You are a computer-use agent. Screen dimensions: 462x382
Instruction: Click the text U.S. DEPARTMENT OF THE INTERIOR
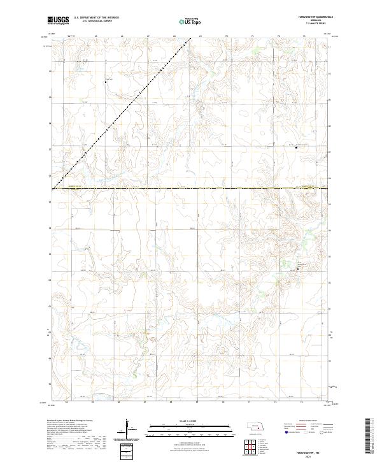point(96,17)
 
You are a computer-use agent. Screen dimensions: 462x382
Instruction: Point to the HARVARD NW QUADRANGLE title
point(310,17)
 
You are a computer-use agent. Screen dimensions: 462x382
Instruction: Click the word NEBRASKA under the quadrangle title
point(310,20)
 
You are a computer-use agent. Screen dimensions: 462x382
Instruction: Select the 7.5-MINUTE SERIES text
point(310,24)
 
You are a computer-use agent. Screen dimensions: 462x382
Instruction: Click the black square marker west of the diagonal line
point(105,82)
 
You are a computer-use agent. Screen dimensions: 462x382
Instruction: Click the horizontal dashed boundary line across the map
point(191,188)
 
